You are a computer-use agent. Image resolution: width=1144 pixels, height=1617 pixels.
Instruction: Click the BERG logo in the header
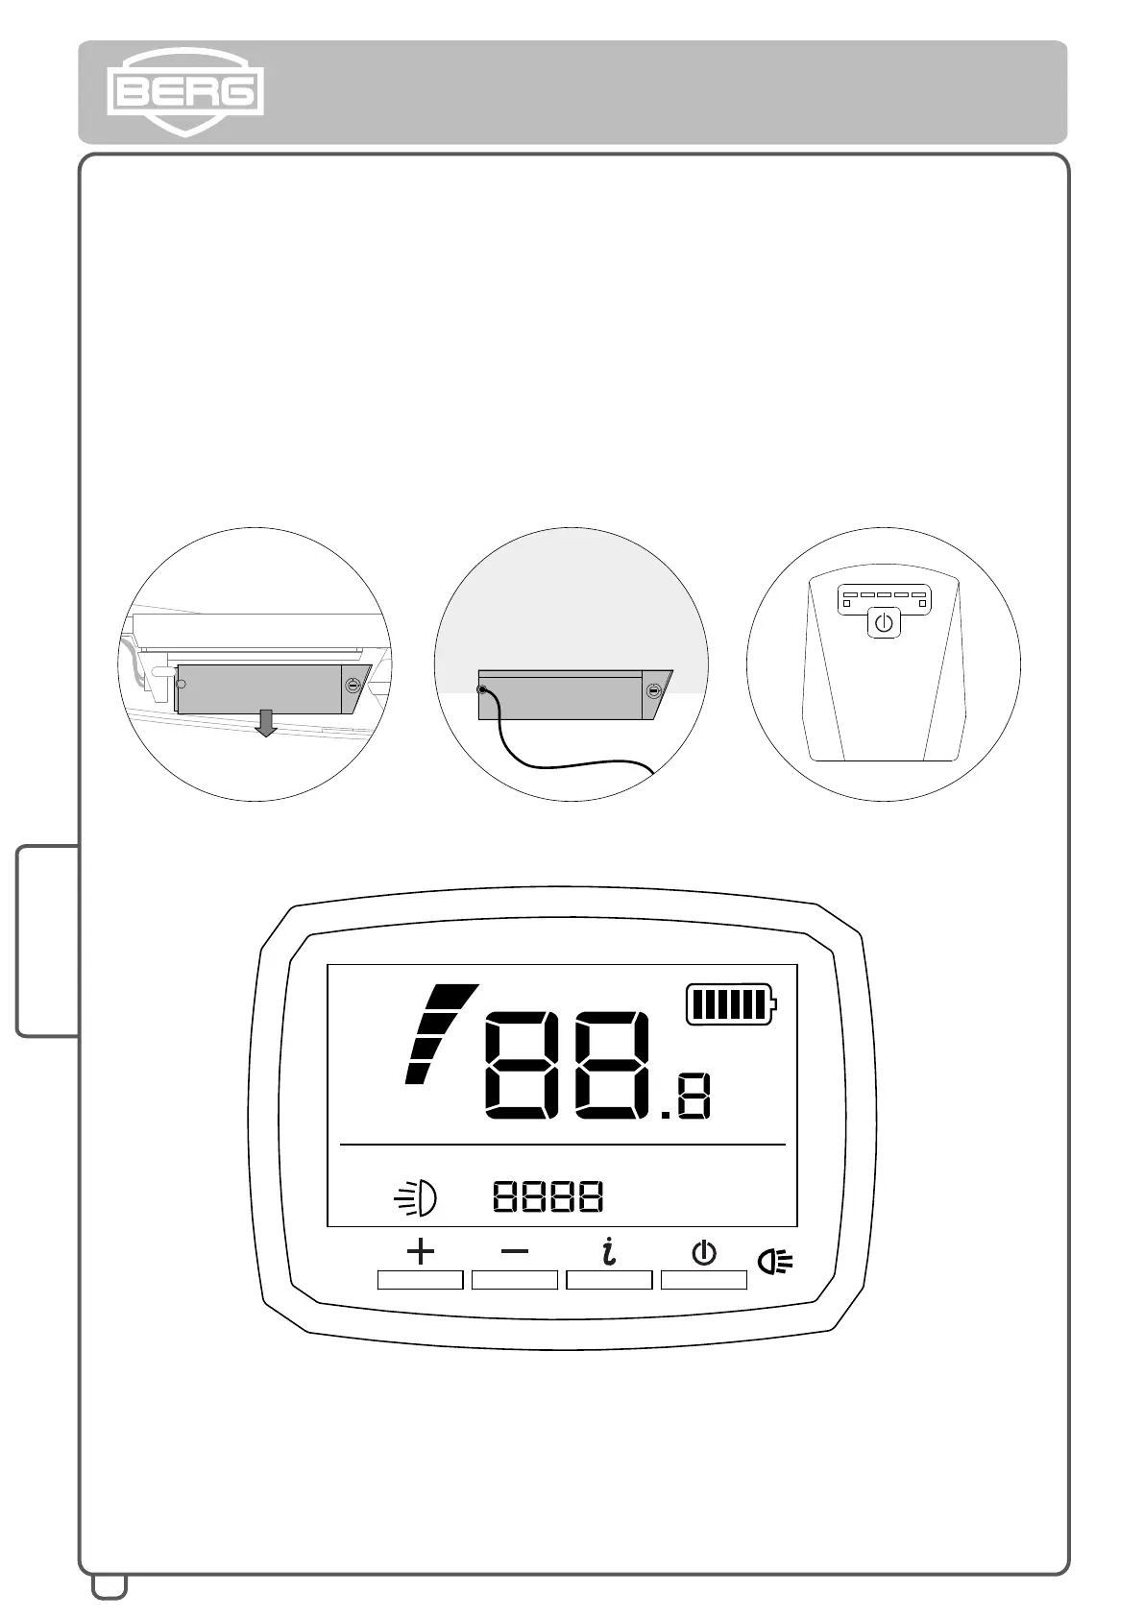pyautogui.click(x=184, y=92)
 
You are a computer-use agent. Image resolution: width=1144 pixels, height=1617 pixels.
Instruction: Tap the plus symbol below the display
pyautogui.click(x=420, y=1251)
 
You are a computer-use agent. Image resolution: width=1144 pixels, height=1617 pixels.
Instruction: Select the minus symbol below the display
pyautogui.click(x=515, y=1251)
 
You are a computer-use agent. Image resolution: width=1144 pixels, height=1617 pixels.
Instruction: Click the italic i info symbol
pyautogui.click(x=608, y=1251)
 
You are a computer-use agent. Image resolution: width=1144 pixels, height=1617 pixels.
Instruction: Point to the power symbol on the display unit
pyautogui.click(x=704, y=1252)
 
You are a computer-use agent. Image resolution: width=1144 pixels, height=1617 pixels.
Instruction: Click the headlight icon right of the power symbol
pyautogui.click(x=775, y=1261)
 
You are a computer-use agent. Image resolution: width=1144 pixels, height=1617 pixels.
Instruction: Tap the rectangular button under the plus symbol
pyautogui.click(x=420, y=1279)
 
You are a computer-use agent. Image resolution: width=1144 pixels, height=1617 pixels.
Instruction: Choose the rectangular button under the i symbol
pyautogui.click(x=609, y=1279)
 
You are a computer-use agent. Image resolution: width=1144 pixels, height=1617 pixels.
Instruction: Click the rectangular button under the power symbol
pyautogui.click(x=704, y=1279)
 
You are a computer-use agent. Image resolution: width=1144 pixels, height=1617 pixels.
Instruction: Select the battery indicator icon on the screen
pyautogui.click(x=731, y=1004)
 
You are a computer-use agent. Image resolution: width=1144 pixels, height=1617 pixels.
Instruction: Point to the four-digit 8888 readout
pyautogui.click(x=548, y=1196)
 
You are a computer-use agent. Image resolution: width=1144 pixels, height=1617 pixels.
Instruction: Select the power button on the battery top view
pyautogui.click(x=884, y=623)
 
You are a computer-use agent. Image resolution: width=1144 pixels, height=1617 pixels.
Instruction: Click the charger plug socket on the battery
pyautogui.click(x=482, y=689)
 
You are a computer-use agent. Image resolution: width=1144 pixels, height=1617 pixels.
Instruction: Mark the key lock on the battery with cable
pyautogui.click(x=654, y=690)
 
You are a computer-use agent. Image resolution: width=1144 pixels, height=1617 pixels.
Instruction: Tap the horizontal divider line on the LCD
pyautogui.click(x=562, y=1145)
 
